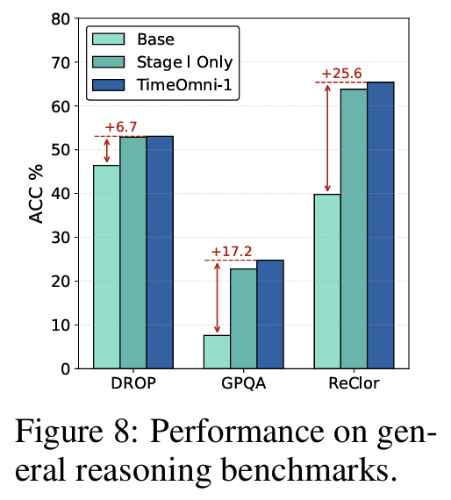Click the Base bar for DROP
tap(107, 267)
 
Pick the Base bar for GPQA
tap(218, 352)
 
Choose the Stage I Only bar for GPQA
tap(244, 318)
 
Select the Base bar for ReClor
tap(328, 282)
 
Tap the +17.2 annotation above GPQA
tap(231, 251)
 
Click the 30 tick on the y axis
tap(61, 238)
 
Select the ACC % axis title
tap(36, 193)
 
